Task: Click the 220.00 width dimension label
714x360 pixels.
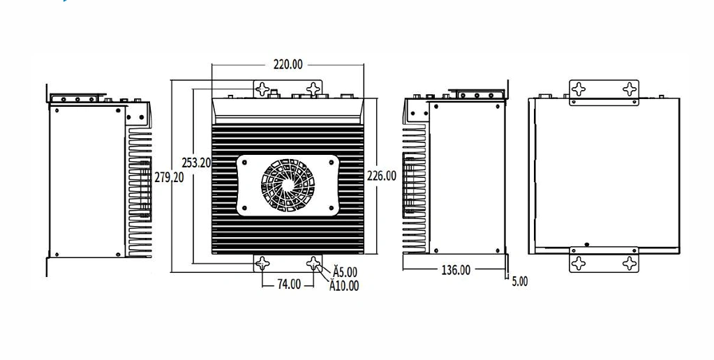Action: [x=288, y=65]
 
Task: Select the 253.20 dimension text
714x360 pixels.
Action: [x=196, y=163]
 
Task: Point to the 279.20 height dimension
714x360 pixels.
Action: [x=170, y=177]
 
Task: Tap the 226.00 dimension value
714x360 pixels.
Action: [x=382, y=176]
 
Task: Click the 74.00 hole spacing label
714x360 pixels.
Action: [x=289, y=285]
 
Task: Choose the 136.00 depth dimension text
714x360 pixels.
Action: [x=456, y=270]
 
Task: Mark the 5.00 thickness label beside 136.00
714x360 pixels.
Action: [x=519, y=282]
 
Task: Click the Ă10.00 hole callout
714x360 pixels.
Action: [x=344, y=285]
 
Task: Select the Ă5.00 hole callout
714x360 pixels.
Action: [x=345, y=271]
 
